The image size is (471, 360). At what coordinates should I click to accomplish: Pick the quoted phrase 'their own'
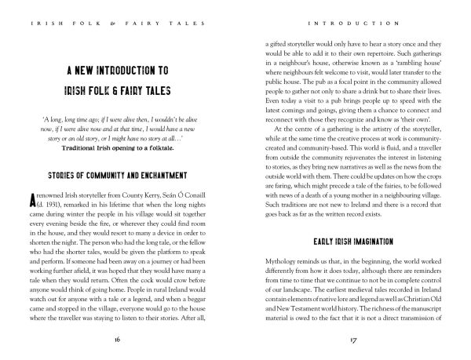[407, 106]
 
